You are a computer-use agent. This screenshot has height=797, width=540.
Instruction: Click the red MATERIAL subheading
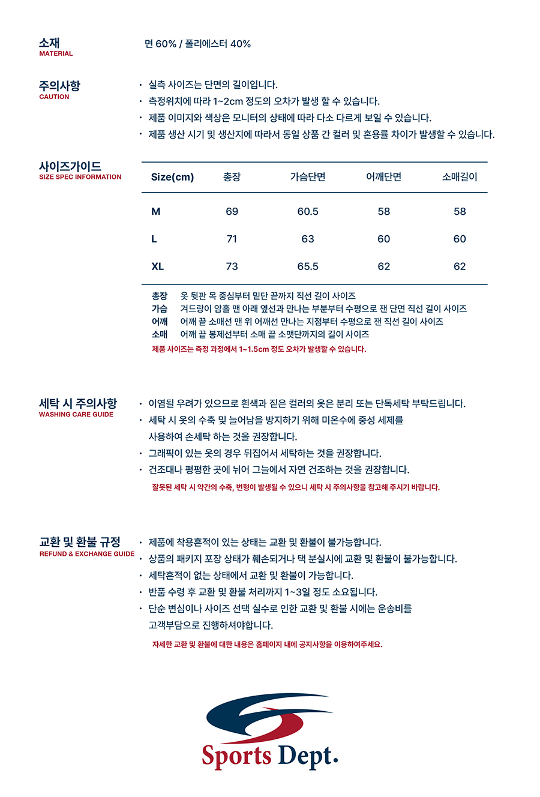(56, 53)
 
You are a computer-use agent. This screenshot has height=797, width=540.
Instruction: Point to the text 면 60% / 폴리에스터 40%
(197, 44)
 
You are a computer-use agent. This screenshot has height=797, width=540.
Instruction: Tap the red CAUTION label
(54, 97)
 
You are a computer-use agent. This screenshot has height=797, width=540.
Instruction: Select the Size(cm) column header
(172, 177)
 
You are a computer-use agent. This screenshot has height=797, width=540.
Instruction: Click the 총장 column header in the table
(232, 177)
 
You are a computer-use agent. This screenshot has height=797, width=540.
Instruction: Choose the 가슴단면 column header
(308, 177)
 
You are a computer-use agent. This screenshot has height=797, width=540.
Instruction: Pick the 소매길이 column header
(460, 177)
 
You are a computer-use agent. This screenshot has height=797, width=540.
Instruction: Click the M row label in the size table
(156, 211)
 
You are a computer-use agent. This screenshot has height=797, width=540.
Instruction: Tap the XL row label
(157, 266)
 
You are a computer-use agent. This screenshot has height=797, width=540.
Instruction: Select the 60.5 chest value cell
(308, 211)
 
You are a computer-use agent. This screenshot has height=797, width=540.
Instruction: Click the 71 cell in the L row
(232, 239)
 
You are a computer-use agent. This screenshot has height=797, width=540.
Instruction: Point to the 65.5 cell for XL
(308, 266)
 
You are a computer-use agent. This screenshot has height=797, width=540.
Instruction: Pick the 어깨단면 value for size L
(384, 239)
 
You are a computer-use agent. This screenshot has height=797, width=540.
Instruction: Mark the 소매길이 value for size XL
(460, 266)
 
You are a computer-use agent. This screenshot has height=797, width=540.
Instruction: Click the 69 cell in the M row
(232, 211)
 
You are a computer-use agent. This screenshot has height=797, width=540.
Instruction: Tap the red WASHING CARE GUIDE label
(76, 414)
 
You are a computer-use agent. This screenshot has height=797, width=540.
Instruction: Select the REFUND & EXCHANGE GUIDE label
(87, 554)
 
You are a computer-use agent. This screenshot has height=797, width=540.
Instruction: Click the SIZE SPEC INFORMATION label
(80, 177)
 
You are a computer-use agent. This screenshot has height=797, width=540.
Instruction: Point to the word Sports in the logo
(236, 756)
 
